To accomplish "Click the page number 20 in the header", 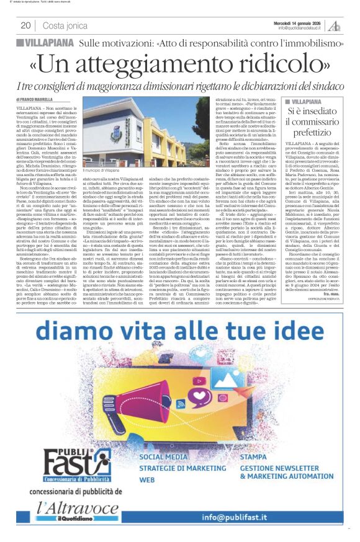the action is coord(25,25).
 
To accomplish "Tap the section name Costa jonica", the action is coord(65,25).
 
